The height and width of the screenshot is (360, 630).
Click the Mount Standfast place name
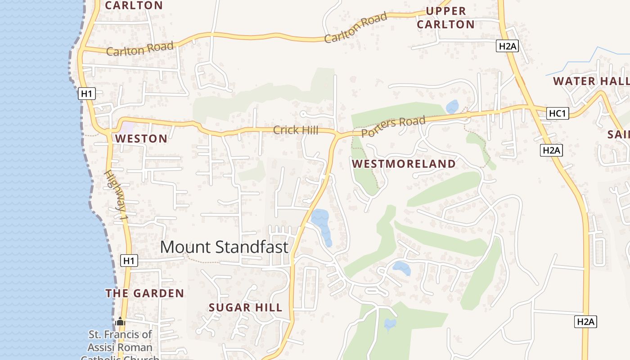[x=224, y=247]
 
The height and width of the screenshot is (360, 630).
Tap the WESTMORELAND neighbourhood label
[x=404, y=164]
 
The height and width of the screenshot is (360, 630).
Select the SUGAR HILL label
[x=246, y=308]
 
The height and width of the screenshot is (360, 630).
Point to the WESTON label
[x=141, y=139]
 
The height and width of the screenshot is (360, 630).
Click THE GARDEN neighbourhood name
[x=144, y=293]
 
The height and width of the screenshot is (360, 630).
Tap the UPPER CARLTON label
[x=445, y=18]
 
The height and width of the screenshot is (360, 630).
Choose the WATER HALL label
[x=590, y=81]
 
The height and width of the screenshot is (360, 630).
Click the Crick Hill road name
[x=296, y=130]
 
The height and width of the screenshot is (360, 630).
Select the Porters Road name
[x=393, y=126]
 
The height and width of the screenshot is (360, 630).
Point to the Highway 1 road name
[x=117, y=195]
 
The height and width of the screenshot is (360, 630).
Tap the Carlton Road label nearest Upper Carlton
[x=355, y=27]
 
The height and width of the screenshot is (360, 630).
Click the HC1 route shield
[x=557, y=113]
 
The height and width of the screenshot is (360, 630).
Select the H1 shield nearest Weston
[x=87, y=94]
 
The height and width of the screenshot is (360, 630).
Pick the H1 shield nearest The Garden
[x=129, y=261]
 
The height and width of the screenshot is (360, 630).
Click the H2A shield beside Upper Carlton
[x=507, y=46]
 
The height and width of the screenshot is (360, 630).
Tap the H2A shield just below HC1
[x=551, y=150]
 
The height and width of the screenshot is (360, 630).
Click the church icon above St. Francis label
[x=120, y=322]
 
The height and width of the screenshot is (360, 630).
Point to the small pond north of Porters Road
[x=452, y=107]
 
